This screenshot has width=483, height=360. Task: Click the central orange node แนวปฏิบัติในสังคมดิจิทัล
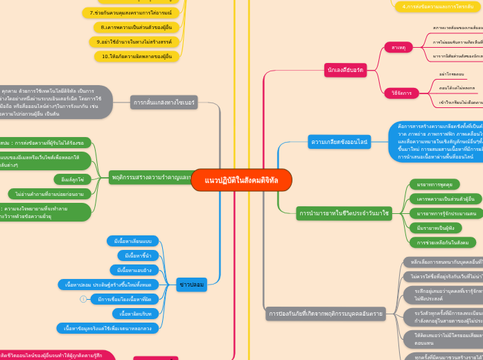click(x=241, y=180)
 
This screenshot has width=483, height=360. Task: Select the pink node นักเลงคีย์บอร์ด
click(x=345, y=69)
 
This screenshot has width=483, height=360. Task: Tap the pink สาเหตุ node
click(x=398, y=47)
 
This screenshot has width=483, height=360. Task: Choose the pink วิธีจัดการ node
click(x=401, y=92)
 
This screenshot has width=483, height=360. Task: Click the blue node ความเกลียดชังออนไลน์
click(x=340, y=141)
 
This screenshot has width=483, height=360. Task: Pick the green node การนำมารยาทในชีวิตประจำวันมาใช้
click(x=344, y=213)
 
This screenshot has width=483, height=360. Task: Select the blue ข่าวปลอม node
click(x=192, y=284)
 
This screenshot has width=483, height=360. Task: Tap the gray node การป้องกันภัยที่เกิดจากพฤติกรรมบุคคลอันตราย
click(x=326, y=314)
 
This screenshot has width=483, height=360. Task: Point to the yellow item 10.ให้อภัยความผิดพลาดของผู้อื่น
click(x=137, y=56)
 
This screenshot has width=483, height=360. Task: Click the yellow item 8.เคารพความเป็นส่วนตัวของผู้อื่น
click(x=137, y=27)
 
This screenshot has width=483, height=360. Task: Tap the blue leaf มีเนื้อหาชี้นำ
click(x=138, y=255)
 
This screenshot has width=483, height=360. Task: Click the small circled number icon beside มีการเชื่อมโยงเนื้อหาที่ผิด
click(x=83, y=299)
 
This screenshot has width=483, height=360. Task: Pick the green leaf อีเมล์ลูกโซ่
click(x=73, y=179)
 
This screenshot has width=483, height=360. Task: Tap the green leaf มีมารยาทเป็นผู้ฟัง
click(x=435, y=228)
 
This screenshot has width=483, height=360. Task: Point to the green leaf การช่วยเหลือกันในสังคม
click(x=442, y=242)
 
